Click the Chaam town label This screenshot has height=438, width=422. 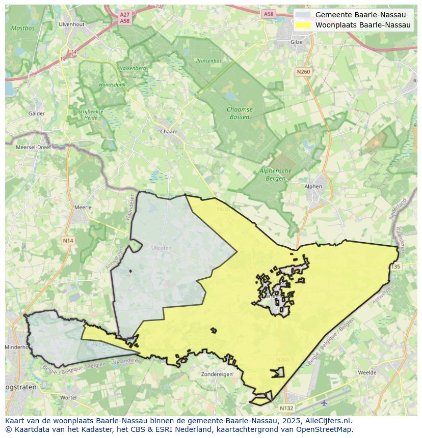coord(169,132)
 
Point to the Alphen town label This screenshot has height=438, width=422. coord(313,187)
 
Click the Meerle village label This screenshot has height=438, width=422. coord(83,208)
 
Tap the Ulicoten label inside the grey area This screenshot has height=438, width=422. coord(161,248)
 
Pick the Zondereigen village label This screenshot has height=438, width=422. coord(217,374)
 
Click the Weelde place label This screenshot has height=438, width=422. coord(367,373)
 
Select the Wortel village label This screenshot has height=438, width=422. coord(68,397)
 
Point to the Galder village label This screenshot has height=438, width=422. coord(37,114)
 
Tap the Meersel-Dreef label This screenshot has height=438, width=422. coord(34,147)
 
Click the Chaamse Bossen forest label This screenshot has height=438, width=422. coord(239,113)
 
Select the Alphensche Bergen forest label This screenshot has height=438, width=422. coord(275,174)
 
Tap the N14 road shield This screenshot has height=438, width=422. coord(68,240)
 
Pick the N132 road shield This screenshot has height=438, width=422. coord(286,408)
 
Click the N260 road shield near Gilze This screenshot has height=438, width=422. coord(303,72)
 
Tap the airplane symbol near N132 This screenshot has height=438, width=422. coord(325,403)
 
